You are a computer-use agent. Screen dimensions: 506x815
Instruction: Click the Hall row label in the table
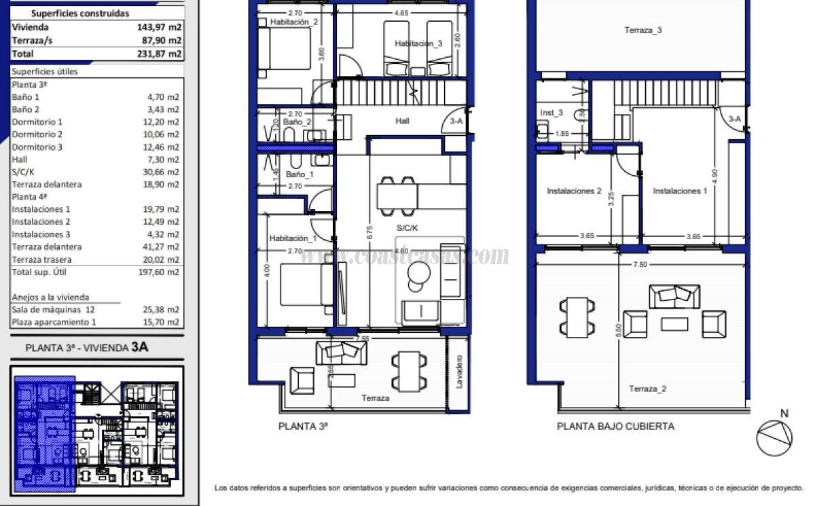[20, 160]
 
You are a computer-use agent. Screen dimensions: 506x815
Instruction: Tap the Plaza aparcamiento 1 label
[54, 322]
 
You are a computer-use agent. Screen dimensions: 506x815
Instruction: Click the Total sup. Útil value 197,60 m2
[162, 272]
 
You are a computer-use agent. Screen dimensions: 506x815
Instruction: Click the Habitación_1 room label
[293, 238]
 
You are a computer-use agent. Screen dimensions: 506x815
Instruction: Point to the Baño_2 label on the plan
[297, 122]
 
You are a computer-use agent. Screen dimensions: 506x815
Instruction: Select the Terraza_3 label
[643, 30]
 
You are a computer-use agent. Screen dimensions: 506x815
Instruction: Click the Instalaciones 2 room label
[574, 192]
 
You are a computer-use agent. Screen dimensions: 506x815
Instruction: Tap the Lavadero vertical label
[460, 370]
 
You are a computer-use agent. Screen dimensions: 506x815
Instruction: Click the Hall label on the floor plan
[402, 121]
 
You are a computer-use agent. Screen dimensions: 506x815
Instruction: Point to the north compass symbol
[774, 437]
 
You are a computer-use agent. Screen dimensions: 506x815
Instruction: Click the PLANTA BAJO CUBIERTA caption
[615, 427]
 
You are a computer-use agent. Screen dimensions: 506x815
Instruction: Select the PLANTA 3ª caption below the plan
[303, 427]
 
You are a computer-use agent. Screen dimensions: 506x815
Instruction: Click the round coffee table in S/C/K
[418, 274]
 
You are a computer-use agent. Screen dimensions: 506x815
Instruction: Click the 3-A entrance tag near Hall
[456, 121]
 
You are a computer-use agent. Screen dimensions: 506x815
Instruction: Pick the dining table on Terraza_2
[577, 317]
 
